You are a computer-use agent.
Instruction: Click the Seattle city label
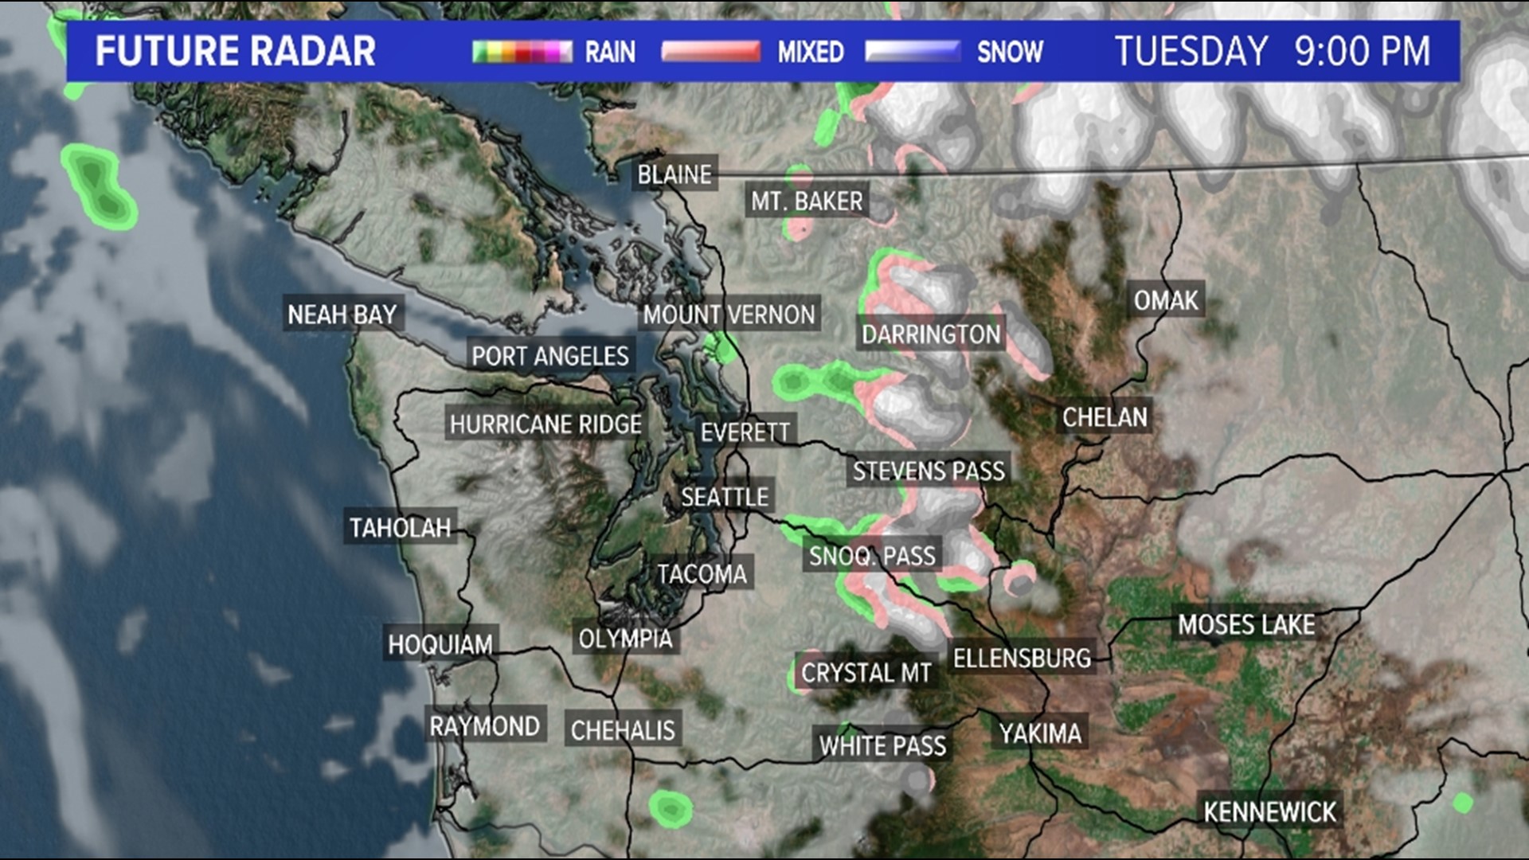coord(725,497)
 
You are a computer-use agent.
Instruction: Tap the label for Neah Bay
coord(342,315)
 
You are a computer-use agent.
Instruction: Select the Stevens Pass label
coord(929,471)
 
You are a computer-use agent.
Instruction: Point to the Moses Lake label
coord(1246,625)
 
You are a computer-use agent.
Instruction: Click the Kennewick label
coord(1269,812)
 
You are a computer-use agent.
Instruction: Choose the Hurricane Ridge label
coord(546,424)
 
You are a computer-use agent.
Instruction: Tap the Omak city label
coord(1166,300)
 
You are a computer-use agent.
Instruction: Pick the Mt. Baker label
coord(807,201)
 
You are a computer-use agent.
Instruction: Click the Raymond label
coord(484,726)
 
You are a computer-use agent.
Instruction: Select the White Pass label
coord(882,746)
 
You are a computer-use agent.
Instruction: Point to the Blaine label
coord(675,174)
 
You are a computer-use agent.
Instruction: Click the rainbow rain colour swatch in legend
coord(522,53)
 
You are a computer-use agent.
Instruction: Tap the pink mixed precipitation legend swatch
coord(710,53)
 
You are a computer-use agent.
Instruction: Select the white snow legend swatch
coord(913,53)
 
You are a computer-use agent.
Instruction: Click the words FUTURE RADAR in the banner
coord(235,52)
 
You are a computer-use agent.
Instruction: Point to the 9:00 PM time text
coord(1362,52)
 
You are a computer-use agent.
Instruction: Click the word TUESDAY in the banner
coord(1191,52)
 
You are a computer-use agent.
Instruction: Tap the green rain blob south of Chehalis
coord(670,809)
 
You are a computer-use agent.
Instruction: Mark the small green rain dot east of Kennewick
coord(1462,803)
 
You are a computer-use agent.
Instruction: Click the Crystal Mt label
coord(866,674)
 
